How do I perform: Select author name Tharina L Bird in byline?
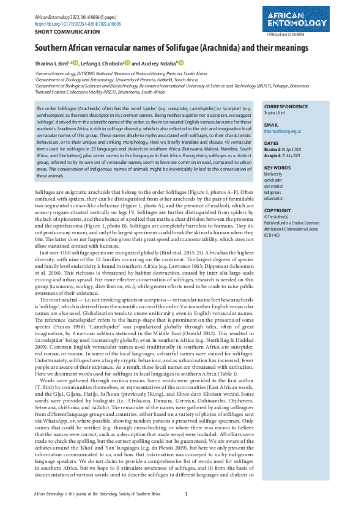coord(51,63)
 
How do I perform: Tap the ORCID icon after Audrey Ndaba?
coord(181,62)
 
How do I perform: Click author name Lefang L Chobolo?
coord(104,63)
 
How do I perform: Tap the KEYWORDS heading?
coord(277,167)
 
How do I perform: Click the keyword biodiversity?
coord(273,174)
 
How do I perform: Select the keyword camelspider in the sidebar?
coord(274,180)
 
